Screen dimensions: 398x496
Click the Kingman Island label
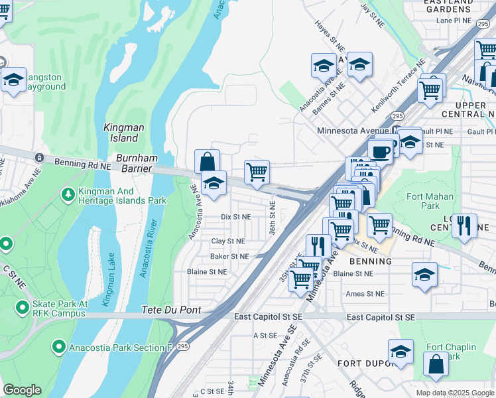point(121,132)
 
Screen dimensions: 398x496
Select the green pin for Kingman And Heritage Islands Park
point(67,194)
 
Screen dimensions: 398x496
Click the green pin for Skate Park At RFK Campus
point(21,307)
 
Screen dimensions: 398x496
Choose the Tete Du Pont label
point(171,310)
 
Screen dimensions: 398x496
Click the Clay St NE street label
point(227,241)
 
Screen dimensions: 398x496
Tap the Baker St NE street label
point(229,256)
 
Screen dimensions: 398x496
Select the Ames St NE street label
point(365,293)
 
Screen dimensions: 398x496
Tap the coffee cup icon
point(381,151)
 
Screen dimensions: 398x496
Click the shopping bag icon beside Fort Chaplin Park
point(436,364)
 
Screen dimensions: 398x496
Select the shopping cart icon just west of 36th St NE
point(257,172)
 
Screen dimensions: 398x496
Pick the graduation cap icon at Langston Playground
point(13,80)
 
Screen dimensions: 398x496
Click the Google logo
point(22,390)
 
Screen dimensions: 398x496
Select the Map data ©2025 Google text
point(454,393)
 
